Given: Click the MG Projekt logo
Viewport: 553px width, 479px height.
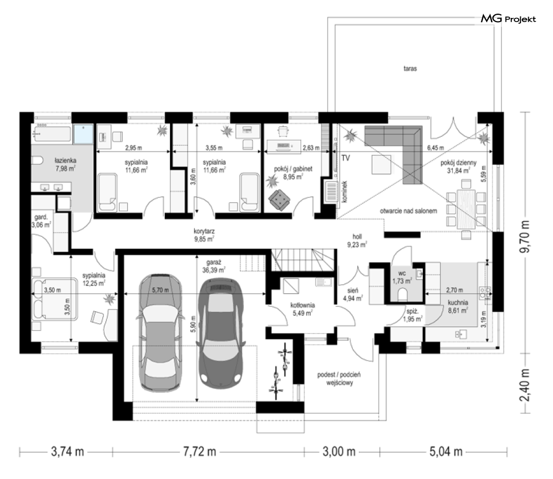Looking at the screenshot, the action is click(508, 18).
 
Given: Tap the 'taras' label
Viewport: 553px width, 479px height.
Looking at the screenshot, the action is click(410, 68).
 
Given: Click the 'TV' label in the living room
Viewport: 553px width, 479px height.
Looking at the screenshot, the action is click(345, 158).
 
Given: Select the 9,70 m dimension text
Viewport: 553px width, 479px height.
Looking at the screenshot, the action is click(526, 236).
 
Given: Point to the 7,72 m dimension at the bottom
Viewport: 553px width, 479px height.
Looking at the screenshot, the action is click(200, 452).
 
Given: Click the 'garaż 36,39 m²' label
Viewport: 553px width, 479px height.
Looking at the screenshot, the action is click(214, 266).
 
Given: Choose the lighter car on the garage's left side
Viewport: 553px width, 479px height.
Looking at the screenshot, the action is click(161, 332).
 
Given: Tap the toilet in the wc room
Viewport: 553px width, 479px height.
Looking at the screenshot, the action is click(403, 294).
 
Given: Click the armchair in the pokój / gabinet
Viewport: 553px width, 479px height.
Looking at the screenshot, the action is click(280, 201).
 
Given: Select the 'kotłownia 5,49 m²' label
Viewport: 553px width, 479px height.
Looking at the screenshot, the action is click(303, 309).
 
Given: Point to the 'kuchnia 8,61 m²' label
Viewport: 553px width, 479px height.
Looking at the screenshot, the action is click(458, 306).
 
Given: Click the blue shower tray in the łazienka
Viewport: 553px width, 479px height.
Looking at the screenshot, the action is click(83, 134).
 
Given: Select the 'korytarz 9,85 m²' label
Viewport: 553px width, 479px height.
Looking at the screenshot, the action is click(204, 235).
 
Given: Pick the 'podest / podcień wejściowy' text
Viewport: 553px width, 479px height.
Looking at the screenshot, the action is click(339, 378).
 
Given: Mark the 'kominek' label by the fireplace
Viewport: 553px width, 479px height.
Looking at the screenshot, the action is click(344, 192).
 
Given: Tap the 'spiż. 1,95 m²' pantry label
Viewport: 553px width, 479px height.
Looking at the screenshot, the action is click(412, 315).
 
